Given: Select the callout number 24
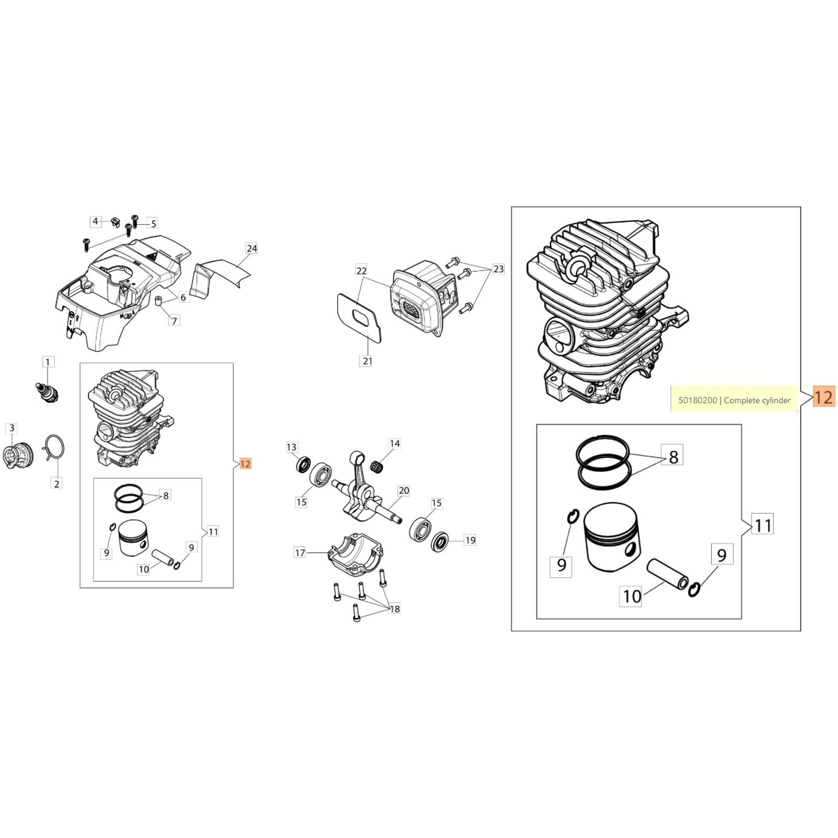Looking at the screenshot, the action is click(x=252, y=248).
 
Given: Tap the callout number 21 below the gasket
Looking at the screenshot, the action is click(x=367, y=361).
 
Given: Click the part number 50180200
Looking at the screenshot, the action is click(x=698, y=400).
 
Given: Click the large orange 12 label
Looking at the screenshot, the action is click(x=823, y=397).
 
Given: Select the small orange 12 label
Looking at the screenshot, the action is click(x=245, y=464).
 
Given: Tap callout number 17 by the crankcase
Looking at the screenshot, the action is click(x=300, y=553).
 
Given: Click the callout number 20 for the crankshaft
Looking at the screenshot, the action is click(x=404, y=491).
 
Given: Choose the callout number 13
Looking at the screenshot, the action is click(x=292, y=447).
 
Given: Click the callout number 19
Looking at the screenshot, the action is click(x=470, y=540).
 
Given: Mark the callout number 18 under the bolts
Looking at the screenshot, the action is click(x=394, y=609).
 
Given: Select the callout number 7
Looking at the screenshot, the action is click(x=175, y=320).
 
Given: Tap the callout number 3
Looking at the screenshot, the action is click(x=12, y=428).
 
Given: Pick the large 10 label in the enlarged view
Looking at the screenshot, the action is click(x=632, y=596).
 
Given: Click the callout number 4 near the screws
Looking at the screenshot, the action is click(x=95, y=222).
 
